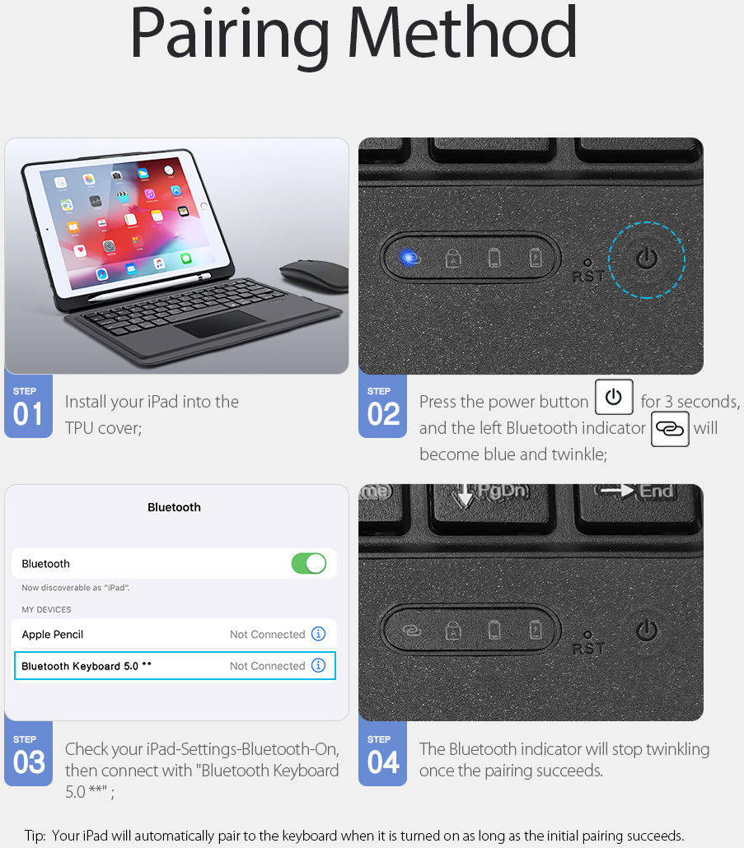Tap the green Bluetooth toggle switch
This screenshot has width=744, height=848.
(x=309, y=564)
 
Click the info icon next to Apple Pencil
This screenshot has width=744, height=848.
(x=319, y=634)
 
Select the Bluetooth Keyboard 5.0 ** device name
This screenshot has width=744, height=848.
(x=87, y=666)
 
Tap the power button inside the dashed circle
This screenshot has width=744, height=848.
(x=648, y=259)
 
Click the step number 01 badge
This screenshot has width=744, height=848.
(x=28, y=406)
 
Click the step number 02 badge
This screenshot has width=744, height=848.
(x=382, y=406)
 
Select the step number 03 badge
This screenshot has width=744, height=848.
(x=28, y=754)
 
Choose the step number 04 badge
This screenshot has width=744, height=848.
(x=382, y=754)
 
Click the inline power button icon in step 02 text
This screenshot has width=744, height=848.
(x=613, y=397)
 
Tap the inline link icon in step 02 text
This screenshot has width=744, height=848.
(x=670, y=429)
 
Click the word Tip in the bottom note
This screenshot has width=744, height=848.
(x=34, y=836)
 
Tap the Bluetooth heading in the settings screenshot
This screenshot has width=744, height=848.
(x=174, y=507)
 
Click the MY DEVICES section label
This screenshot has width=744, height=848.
(x=46, y=610)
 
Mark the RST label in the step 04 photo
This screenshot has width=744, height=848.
(x=587, y=648)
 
